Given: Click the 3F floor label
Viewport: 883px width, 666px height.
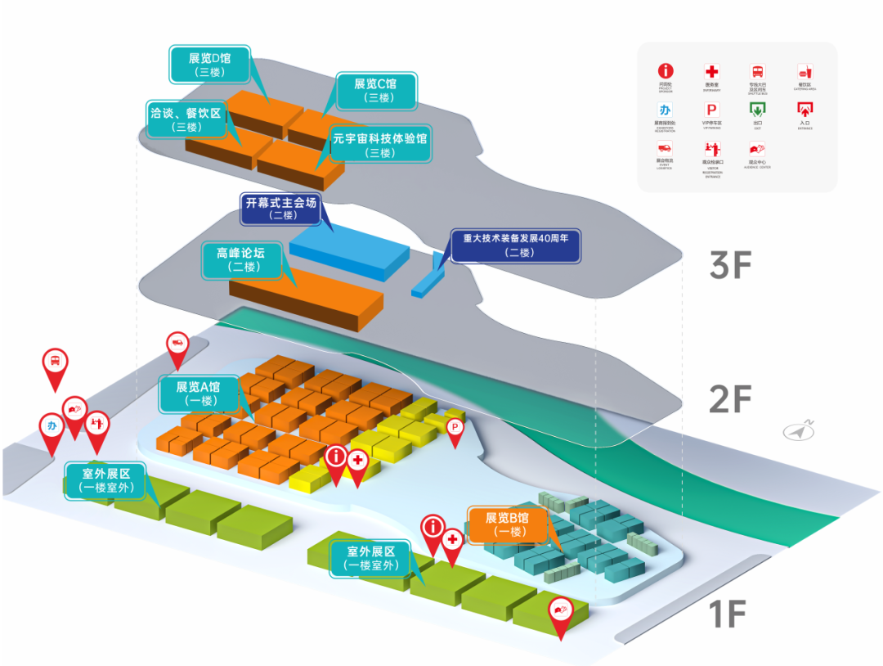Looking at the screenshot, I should (x=729, y=265).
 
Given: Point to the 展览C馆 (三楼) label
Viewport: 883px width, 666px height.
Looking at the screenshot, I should (x=375, y=90).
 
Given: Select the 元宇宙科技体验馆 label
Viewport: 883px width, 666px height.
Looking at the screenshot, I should (x=380, y=146).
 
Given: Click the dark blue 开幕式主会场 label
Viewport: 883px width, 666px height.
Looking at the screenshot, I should (x=280, y=209).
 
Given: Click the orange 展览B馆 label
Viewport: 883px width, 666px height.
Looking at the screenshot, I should (x=507, y=524).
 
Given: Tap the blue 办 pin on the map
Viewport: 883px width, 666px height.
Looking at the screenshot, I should (x=52, y=425).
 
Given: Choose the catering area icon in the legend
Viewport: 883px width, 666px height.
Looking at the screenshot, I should (x=805, y=71).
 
